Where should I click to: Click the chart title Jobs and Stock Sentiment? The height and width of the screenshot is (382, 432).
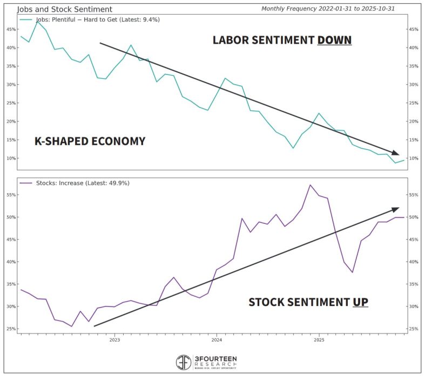(x=65, y=9)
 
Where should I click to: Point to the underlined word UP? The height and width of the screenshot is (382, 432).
(x=360, y=302)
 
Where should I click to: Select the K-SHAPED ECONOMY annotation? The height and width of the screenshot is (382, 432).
(x=90, y=141)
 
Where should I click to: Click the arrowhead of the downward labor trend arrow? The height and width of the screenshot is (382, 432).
(x=395, y=153)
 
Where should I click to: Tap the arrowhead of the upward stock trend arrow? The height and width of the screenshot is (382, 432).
(x=395, y=209)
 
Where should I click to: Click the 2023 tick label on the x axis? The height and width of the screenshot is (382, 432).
(x=114, y=340)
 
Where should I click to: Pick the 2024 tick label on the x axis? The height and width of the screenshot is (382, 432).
(x=217, y=340)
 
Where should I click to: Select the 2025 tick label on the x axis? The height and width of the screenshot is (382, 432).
(x=319, y=340)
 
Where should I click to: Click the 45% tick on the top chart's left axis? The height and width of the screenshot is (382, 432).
(x=10, y=29)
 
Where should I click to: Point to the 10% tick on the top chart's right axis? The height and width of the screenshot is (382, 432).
(x=414, y=158)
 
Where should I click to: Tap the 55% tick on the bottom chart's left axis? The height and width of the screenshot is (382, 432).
(x=10, y=195)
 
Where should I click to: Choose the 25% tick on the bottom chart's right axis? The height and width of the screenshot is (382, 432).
(x=414, y=329)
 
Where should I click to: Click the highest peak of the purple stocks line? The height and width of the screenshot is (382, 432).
(x=310, y=185)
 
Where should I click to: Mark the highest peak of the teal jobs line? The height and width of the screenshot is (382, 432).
(x=37, y=22)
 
